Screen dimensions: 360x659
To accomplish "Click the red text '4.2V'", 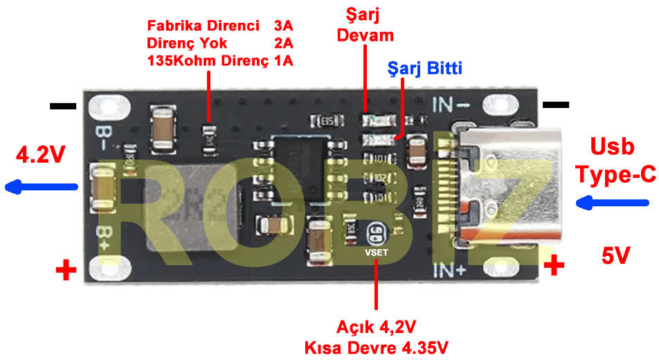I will (x=39, y=153).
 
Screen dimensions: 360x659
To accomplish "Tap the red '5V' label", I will (x=615, y=257).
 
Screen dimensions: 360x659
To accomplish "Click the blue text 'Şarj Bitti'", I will (x=424, y=69).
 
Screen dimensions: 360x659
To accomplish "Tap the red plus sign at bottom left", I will (x=66, y=270).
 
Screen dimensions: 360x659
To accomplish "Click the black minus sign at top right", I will (x=556, y=105).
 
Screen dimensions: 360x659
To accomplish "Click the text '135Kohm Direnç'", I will (x=208, y=61).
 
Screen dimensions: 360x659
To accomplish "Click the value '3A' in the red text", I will (x=283, y=26).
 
